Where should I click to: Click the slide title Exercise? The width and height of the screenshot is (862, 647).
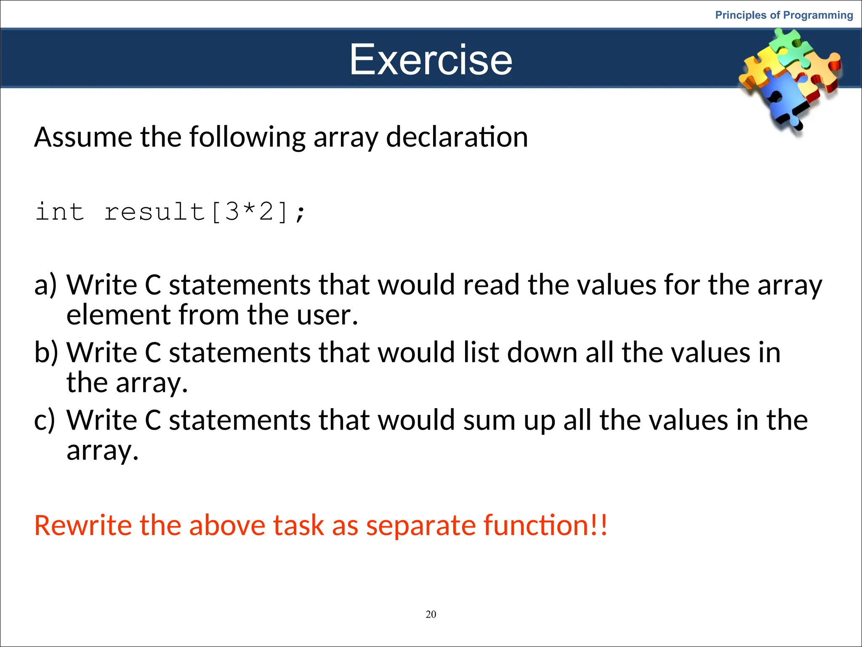pos(431,60)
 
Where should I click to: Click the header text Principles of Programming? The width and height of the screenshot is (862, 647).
pos(784,15)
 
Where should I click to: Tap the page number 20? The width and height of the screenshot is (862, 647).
pos(431,614)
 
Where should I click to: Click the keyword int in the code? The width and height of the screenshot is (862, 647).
pos(60,211)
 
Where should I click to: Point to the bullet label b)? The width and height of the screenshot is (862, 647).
pos(46,353)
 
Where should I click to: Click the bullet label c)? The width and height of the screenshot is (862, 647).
pos(45,420)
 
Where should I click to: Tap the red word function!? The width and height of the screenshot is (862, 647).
pos(545,526)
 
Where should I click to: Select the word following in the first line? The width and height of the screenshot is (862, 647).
pos(247,138)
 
